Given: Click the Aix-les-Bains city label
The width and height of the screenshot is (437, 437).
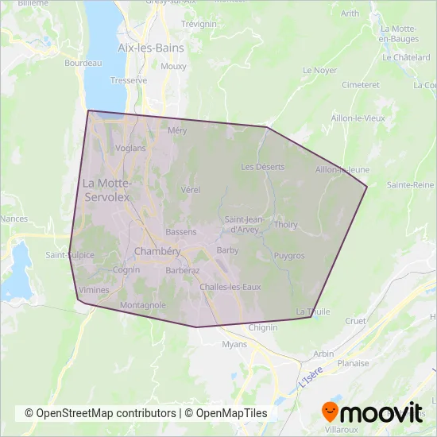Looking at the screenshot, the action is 150,48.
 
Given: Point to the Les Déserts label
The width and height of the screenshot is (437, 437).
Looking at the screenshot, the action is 262,167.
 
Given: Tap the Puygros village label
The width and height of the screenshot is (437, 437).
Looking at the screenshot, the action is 288,256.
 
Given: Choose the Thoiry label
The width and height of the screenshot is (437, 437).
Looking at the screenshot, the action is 285,225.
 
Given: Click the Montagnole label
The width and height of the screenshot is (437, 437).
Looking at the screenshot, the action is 142,305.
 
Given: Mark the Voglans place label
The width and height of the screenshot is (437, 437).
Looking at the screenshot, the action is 130,148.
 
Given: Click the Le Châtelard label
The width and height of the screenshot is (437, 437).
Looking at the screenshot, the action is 405,57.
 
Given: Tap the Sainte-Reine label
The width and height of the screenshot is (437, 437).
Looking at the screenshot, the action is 410,184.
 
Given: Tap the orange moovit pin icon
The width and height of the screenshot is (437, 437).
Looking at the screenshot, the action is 331,412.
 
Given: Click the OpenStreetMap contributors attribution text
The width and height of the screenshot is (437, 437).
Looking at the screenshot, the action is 100,413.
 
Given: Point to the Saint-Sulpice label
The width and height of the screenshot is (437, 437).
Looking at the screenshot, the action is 70,255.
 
